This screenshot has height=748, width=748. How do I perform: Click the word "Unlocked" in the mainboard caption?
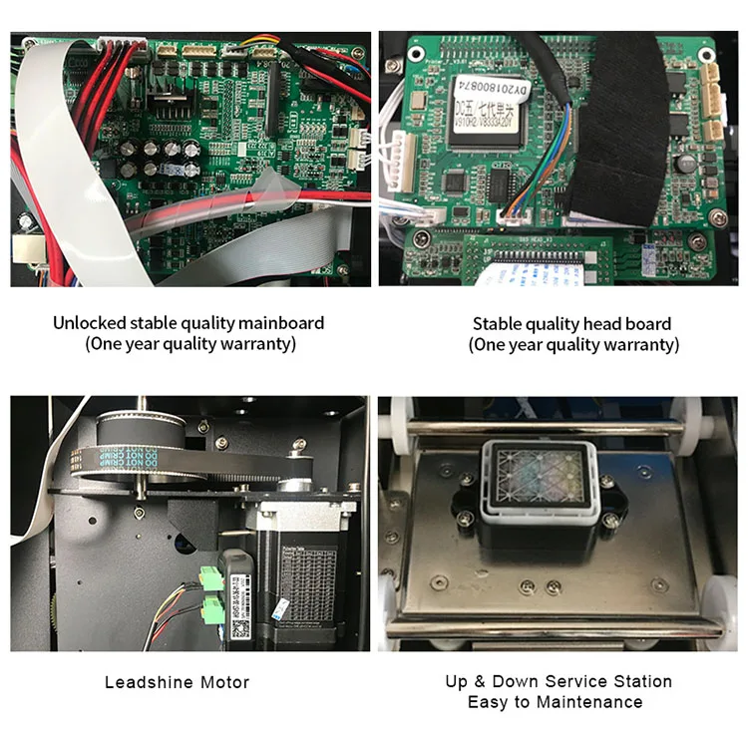(87, 323)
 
